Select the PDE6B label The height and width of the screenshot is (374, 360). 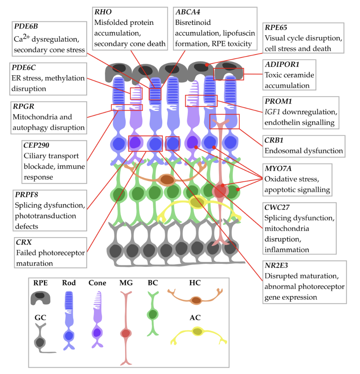pos(26,26)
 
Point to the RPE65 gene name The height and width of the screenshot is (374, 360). pos(276,27)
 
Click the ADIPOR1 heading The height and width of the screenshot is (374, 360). pos(282,65)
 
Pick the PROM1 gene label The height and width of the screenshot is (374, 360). pos(278,101)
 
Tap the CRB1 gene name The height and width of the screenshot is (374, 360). pos(274,140)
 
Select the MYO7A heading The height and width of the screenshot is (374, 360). pos(278,168)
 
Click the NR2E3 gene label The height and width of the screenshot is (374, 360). pos(276,266)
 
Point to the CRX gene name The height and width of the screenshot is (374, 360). pos(24,242)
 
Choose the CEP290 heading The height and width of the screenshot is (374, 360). pos(36,145)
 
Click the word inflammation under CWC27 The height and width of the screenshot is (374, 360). pos(287,250)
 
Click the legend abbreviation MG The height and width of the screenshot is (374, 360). pos(126,283)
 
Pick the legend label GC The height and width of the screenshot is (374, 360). pos(40,318)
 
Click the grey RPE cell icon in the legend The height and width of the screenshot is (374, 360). pos(40,298)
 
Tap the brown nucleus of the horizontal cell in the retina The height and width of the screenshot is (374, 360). pos(167,180)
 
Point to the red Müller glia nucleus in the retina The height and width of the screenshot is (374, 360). pos(220,191)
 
